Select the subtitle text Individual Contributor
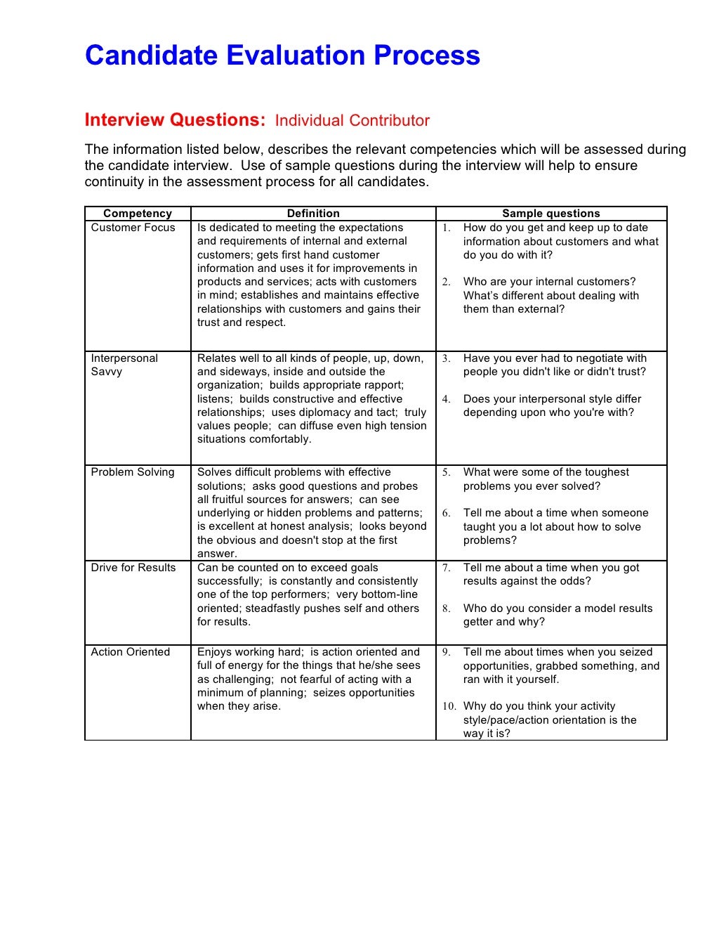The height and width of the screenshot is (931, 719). coord(352,121)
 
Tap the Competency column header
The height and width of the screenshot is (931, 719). coord(138,214)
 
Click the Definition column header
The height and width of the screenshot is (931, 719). coord(313,214)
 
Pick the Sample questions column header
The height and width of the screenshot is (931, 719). coord(551,214)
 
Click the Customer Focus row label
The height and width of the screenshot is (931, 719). coord(133,228)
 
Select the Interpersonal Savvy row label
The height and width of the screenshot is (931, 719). coord(124,365)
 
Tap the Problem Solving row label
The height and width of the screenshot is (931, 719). coord(133,472)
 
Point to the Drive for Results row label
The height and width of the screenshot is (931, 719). coord(133,568)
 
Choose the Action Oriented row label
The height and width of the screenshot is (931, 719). coord(131,652)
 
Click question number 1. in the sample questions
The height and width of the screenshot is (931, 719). coord(447,228)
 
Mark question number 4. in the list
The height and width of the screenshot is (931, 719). coord(447,399)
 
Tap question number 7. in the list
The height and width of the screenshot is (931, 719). coord(447,568)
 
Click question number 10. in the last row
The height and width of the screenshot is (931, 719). coord(449,706)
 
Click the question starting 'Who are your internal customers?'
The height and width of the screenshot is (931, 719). coord(549,282)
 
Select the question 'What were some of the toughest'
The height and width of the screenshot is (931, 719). coord(546,472)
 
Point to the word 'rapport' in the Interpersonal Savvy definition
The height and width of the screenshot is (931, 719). coord(383,385)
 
